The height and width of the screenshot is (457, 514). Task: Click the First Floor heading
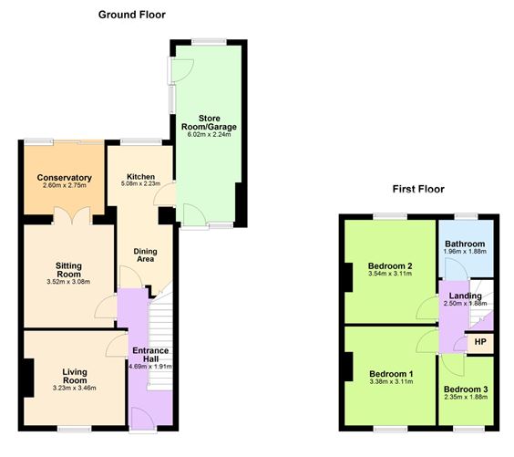point(418,190)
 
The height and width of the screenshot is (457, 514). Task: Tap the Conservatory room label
point(64,178)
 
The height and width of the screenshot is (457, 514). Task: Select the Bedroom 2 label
point(391,266)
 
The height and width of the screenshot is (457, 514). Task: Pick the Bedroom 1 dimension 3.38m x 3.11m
point(391,382)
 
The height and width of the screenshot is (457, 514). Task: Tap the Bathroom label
point(466,244)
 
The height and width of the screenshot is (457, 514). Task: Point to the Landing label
point(466,296)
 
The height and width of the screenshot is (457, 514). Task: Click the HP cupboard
point(479,342)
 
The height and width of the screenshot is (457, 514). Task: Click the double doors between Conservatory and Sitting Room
point(67,216)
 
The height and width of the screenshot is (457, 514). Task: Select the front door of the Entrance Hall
point(143,418)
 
